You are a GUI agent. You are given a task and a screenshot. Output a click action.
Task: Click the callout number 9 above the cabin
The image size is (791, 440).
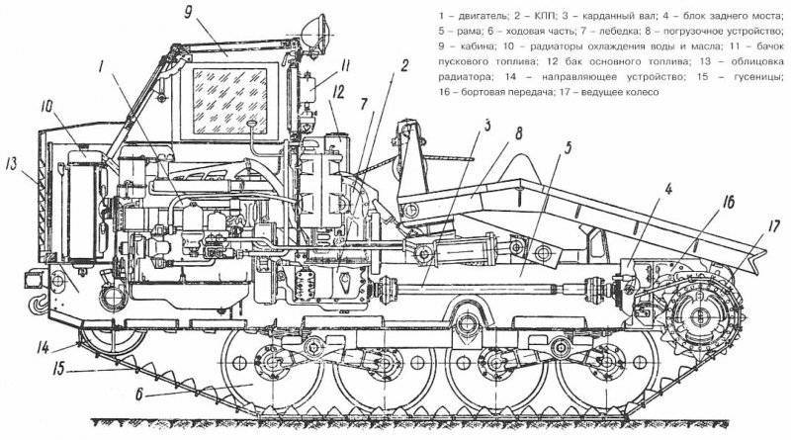click(x=188, y=13)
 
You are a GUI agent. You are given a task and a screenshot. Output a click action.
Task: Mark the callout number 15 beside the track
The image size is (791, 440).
click(x=59, y=369)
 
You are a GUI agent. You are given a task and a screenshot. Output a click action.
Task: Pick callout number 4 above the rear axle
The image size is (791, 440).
click(x=668, y=190)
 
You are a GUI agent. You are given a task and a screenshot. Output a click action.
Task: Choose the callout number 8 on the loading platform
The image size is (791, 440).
click(x=519, y=133)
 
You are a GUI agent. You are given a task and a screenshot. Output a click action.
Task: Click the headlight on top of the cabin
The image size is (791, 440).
click(x=316, y=33)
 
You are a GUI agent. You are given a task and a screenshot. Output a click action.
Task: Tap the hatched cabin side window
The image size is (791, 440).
click(x=229, y=101)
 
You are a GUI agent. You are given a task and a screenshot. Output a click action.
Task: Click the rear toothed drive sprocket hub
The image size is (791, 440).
click(x=702, y=314)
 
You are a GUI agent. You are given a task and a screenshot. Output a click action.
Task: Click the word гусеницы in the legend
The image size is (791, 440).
click(x=761, y=77)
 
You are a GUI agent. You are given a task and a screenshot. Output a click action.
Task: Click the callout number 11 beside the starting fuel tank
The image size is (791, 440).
click(x=345, y=67)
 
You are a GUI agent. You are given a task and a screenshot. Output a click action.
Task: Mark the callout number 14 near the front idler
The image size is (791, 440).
click(x=43, y=348)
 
